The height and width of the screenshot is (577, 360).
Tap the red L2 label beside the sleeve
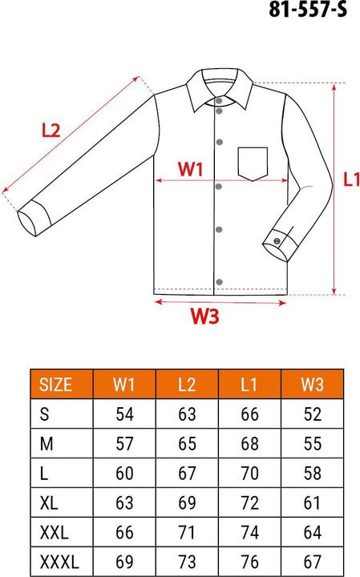(51, 131)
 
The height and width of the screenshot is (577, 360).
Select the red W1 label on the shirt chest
(191, 169)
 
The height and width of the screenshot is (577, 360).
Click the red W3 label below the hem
(205, 317)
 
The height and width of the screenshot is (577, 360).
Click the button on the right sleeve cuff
(277, 236)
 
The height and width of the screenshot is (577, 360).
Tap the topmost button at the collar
(218, 101)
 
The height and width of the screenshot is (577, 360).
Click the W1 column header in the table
(123, 383)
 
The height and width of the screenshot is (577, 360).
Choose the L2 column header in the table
(186, 383)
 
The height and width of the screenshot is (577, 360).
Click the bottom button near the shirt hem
(218, 280)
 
